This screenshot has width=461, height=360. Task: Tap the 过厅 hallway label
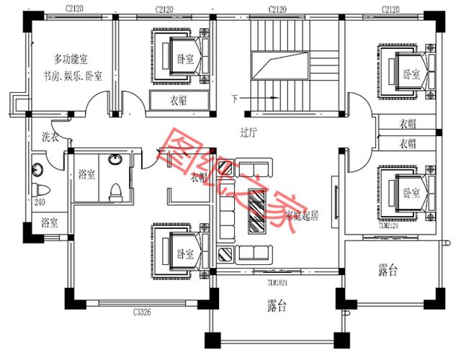pos(249,132)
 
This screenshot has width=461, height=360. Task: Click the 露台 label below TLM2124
pos(388,270)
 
